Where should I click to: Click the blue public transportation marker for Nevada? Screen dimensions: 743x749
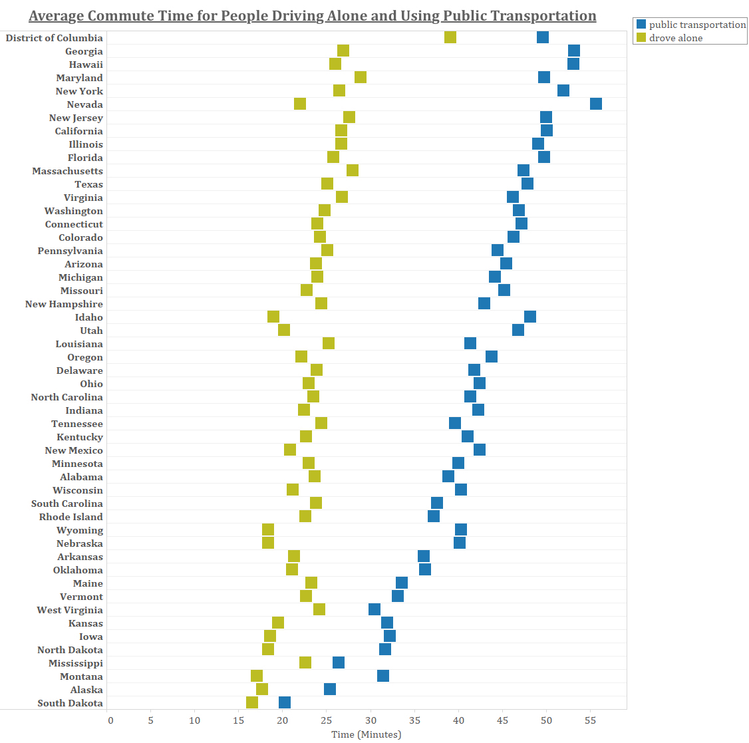(x=596, y=104)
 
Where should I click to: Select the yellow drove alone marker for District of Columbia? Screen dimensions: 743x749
(x=450, y=37)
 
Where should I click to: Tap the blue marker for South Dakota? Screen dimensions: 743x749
(x=285, y=702)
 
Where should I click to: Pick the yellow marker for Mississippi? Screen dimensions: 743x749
(x=305, y=663)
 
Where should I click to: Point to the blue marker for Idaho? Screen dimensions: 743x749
(x=530, y=317)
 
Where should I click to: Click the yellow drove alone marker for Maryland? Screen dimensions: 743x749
(x=361, y=77)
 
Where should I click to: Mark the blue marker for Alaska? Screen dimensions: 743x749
(x=330, y=689)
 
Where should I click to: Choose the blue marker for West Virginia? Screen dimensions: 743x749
(x=374, y=609)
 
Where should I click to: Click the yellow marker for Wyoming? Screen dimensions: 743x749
(x=268, y=529)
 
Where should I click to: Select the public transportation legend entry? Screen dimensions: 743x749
(x=697, y=25)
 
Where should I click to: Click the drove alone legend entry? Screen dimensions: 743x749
(x=675, y=38)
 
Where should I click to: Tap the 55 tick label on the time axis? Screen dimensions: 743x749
(x=590, y=720)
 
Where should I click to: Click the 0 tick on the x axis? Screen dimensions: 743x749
(x=110, y=720)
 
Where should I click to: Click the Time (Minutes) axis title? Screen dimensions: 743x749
(x=367, y=734)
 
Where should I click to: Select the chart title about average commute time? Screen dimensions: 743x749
(x=313, y=16)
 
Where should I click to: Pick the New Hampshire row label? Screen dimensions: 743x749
(x=64, y=304)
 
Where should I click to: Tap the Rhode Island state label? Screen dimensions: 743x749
(x=71, y=517)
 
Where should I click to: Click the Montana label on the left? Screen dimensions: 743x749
(x=81, y=676)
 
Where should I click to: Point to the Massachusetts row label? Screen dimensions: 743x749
(x=67, y=171)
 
